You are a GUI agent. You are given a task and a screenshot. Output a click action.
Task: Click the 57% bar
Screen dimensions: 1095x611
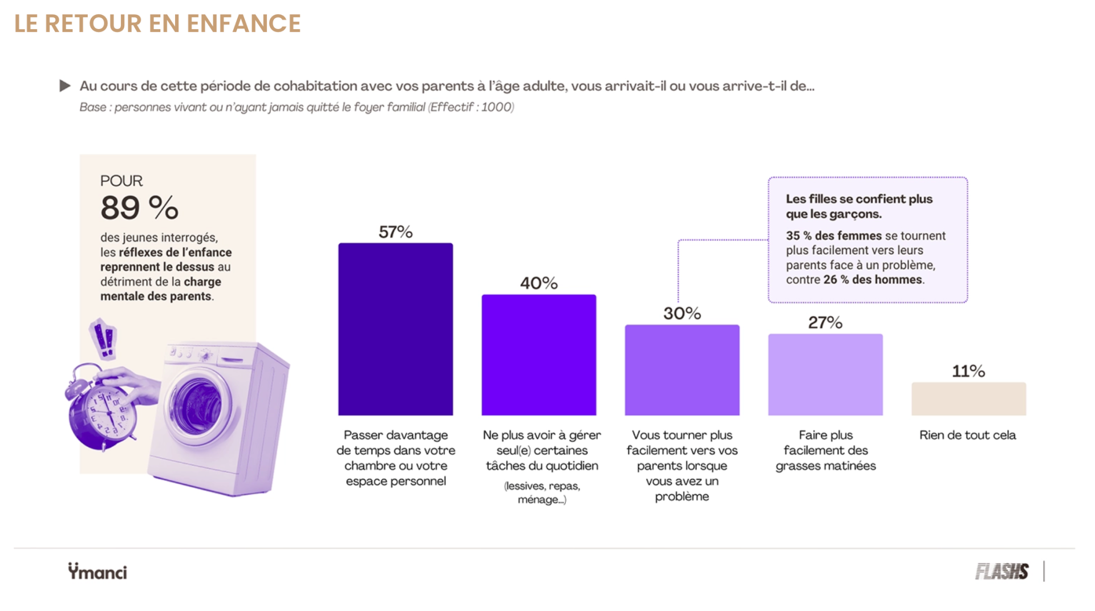[395, 329]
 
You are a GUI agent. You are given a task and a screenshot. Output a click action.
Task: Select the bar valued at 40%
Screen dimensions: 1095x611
[539, 355]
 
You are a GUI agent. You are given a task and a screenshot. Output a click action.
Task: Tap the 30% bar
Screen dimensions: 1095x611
[682, 370]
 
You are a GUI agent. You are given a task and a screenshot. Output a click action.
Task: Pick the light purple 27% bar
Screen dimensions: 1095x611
[825, 374]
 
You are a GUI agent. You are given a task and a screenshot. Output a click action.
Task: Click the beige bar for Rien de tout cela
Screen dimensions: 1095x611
[968, 398]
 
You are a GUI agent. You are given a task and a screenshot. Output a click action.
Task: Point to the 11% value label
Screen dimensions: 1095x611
[968, 371]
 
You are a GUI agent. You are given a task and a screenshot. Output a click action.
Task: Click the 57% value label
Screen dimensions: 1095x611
[395, 232]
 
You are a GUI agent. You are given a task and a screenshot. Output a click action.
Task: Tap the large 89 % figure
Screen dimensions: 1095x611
[139, 207]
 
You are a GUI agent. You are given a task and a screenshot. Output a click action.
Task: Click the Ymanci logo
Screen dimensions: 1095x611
[98, 571]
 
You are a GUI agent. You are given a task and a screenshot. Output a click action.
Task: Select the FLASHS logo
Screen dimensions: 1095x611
[1001, 571]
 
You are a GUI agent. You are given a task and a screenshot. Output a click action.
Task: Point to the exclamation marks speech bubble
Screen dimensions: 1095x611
[104, 339]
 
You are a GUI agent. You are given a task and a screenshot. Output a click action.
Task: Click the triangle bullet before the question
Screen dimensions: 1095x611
[65, 86]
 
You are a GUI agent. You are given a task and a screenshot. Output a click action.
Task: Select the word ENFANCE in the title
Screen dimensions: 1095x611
[244, 23]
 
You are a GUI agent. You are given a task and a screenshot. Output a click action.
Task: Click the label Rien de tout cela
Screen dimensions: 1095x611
[968, 435]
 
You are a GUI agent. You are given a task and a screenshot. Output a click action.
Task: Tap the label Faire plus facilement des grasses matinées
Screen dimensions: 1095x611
[826, 450]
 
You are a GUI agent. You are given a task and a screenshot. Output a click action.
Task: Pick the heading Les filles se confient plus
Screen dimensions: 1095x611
[859, 199]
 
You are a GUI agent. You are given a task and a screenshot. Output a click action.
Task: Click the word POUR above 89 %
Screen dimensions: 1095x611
[121, 181]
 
